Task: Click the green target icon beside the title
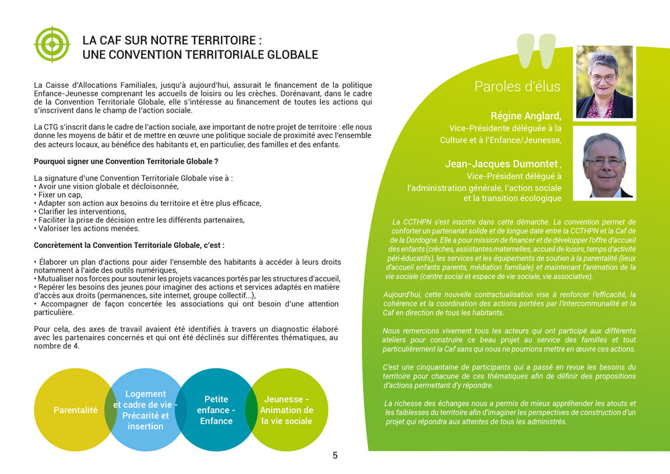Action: coord(52,44)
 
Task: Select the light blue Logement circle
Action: coord(145,410)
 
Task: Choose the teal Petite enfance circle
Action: coord(216,410)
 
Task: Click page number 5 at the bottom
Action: coord(335,456)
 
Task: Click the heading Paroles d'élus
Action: coord(517,86)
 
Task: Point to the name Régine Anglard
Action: coord(525,115)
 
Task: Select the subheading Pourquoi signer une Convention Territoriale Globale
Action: coord(125,162)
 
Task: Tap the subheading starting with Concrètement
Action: coord(129,246)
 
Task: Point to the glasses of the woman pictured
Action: coord(603,78)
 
